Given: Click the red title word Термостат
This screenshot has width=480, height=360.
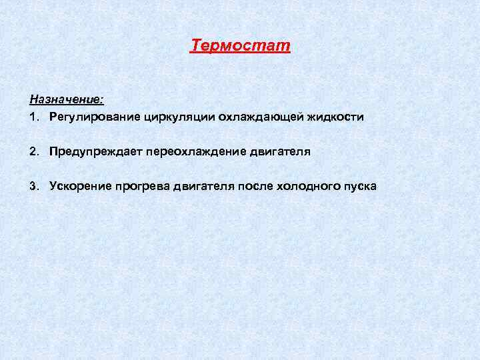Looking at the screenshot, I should (241, 46).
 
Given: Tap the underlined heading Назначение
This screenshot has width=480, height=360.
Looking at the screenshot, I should (65, 99).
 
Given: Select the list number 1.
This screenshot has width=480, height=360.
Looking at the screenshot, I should (33, 117).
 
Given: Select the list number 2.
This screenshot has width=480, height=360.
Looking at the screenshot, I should (33, 152).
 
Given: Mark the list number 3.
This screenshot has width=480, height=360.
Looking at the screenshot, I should (33, 187).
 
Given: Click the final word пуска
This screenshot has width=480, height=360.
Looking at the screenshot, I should (361, 187).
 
